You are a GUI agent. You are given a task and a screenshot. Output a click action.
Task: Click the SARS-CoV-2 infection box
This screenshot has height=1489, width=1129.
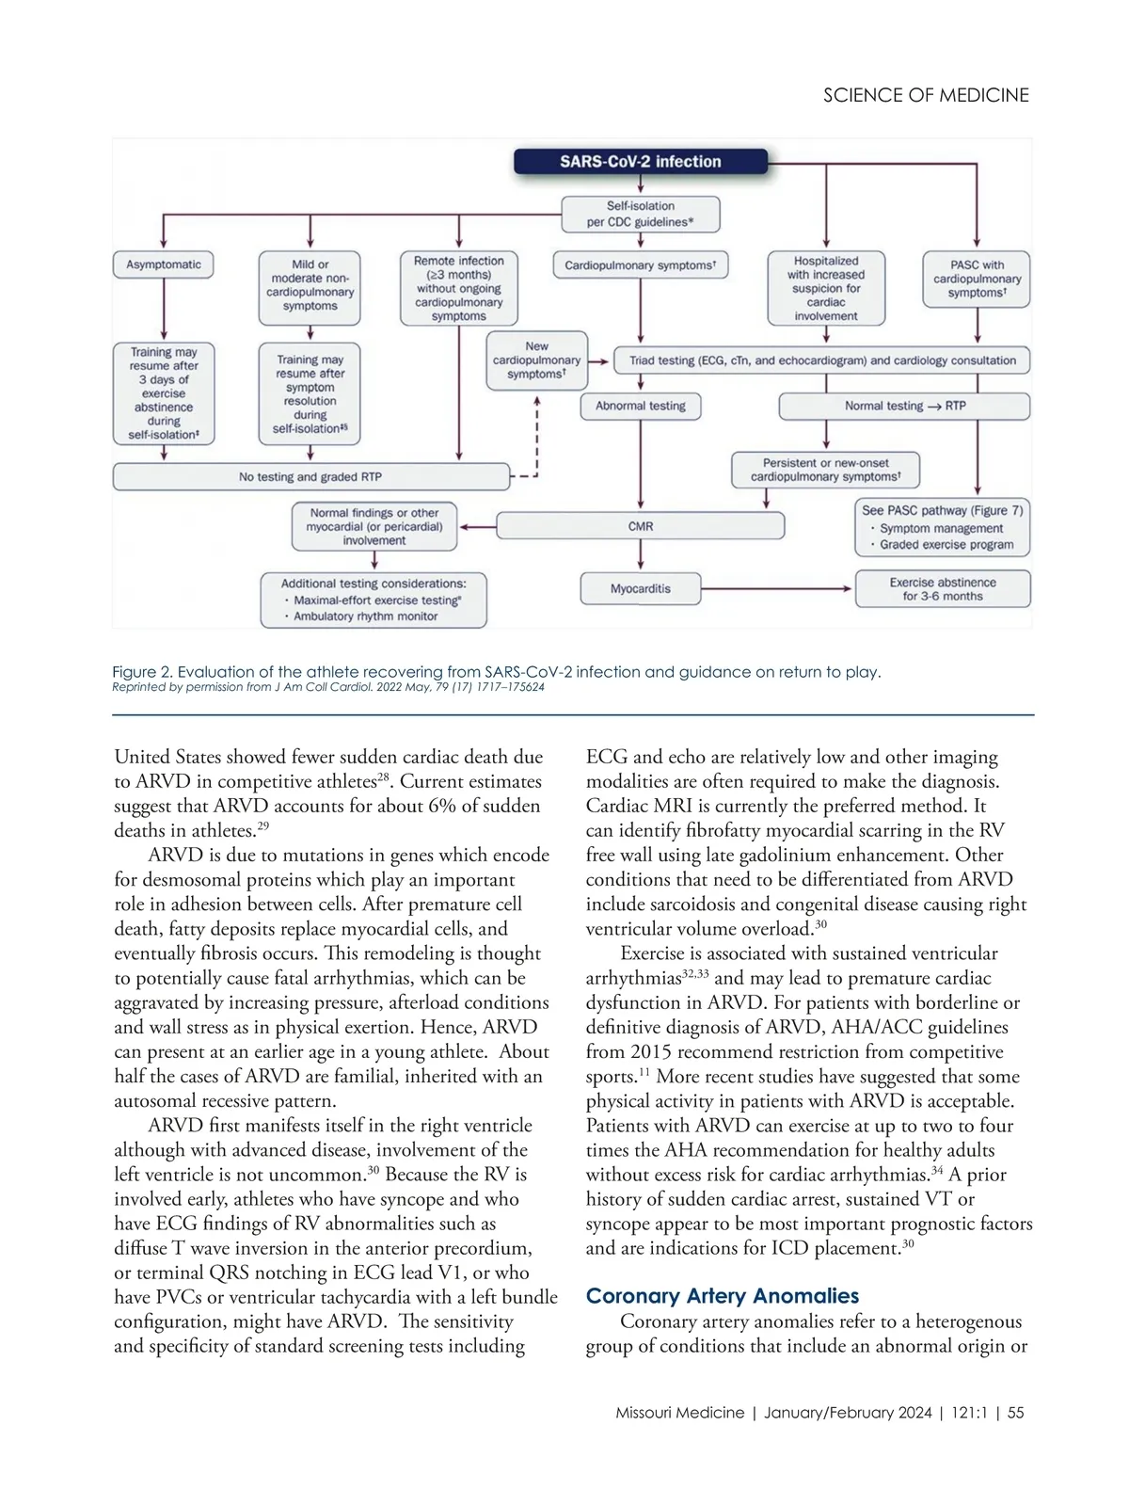[x=640, y=162]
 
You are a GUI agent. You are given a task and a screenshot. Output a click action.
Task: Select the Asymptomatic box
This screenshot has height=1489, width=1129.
[x=164, y=264]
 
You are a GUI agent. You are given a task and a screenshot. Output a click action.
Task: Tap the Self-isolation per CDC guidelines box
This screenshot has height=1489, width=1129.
[x=640, y=214]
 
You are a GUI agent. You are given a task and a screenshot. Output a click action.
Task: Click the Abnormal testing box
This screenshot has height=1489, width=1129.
[x=641, y=406]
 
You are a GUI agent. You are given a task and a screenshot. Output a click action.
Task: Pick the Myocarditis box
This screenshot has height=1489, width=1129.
[x=641, y=588]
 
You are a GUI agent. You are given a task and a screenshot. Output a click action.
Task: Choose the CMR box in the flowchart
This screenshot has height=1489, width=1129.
[x=641, y=526]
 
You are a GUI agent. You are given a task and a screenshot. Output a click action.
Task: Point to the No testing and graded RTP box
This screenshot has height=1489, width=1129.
[x=310, y=477]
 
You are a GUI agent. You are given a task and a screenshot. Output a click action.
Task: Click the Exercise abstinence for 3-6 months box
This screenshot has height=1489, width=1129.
[x=943, y=589]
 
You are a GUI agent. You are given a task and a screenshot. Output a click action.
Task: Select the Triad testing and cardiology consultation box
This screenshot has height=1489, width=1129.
[x=822, y=360]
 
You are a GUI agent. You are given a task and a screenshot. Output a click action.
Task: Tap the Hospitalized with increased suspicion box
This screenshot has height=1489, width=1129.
[x=826, y=288]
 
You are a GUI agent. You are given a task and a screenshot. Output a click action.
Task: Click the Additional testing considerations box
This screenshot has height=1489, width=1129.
[x=374, y=600]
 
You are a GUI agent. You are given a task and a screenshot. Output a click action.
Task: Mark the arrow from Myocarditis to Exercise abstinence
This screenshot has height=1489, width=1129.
[x=777, y=589]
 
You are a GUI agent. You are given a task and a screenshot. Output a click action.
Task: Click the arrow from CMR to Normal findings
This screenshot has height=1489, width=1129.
[x=477, y=527]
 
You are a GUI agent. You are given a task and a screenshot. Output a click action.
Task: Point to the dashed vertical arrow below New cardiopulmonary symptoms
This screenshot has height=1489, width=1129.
[x=537, y=433]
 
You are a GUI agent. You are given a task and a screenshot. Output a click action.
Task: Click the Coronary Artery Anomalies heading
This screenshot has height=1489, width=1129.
[x=723, y=1296]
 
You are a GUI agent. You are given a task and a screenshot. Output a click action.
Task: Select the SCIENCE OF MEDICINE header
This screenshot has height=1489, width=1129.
[x=926, y=95]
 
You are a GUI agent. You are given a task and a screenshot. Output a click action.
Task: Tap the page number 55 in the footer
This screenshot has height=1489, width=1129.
[x=1015, y=1413]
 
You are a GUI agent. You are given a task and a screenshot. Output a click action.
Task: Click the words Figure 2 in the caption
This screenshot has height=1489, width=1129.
[x=142, y=672]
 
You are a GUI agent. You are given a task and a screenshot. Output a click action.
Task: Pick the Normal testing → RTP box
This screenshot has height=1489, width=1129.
[x=904, y=406]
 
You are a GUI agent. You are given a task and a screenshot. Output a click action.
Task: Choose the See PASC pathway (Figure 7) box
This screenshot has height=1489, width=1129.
[x=943, y=527]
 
